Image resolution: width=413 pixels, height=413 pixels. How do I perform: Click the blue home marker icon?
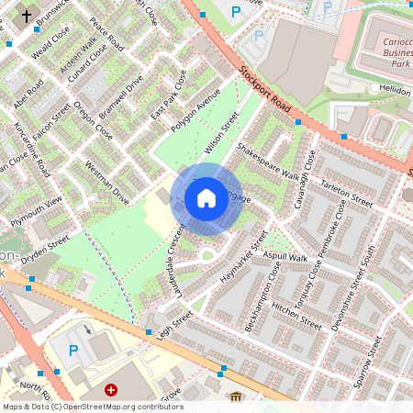click(x=206, y=197)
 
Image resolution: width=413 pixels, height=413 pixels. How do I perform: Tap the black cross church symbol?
click(x=26, y=16)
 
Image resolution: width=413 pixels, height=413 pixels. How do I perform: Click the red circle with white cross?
click(x=112, y=390)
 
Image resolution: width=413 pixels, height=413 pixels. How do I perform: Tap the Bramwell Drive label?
click(x=121, y=98)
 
